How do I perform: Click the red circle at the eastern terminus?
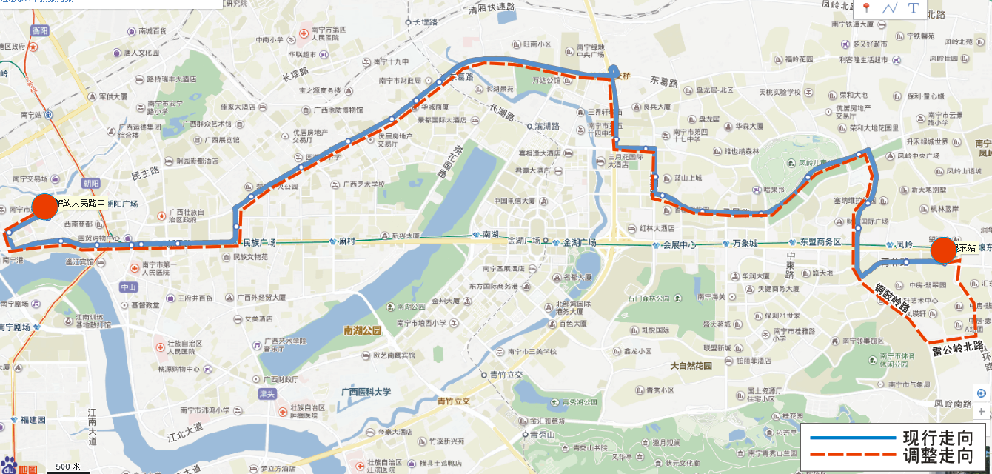point(943,250)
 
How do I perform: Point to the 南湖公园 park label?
point(362,330)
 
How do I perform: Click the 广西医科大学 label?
point(365,392)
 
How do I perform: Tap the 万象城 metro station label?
point(745,243)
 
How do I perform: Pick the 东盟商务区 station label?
point(820,242)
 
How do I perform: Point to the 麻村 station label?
point(348,241)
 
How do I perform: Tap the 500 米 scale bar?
point(68,467)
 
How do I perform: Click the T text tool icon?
point(913,8)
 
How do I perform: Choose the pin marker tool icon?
point(865,8)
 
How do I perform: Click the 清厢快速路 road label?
point(492,7)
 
